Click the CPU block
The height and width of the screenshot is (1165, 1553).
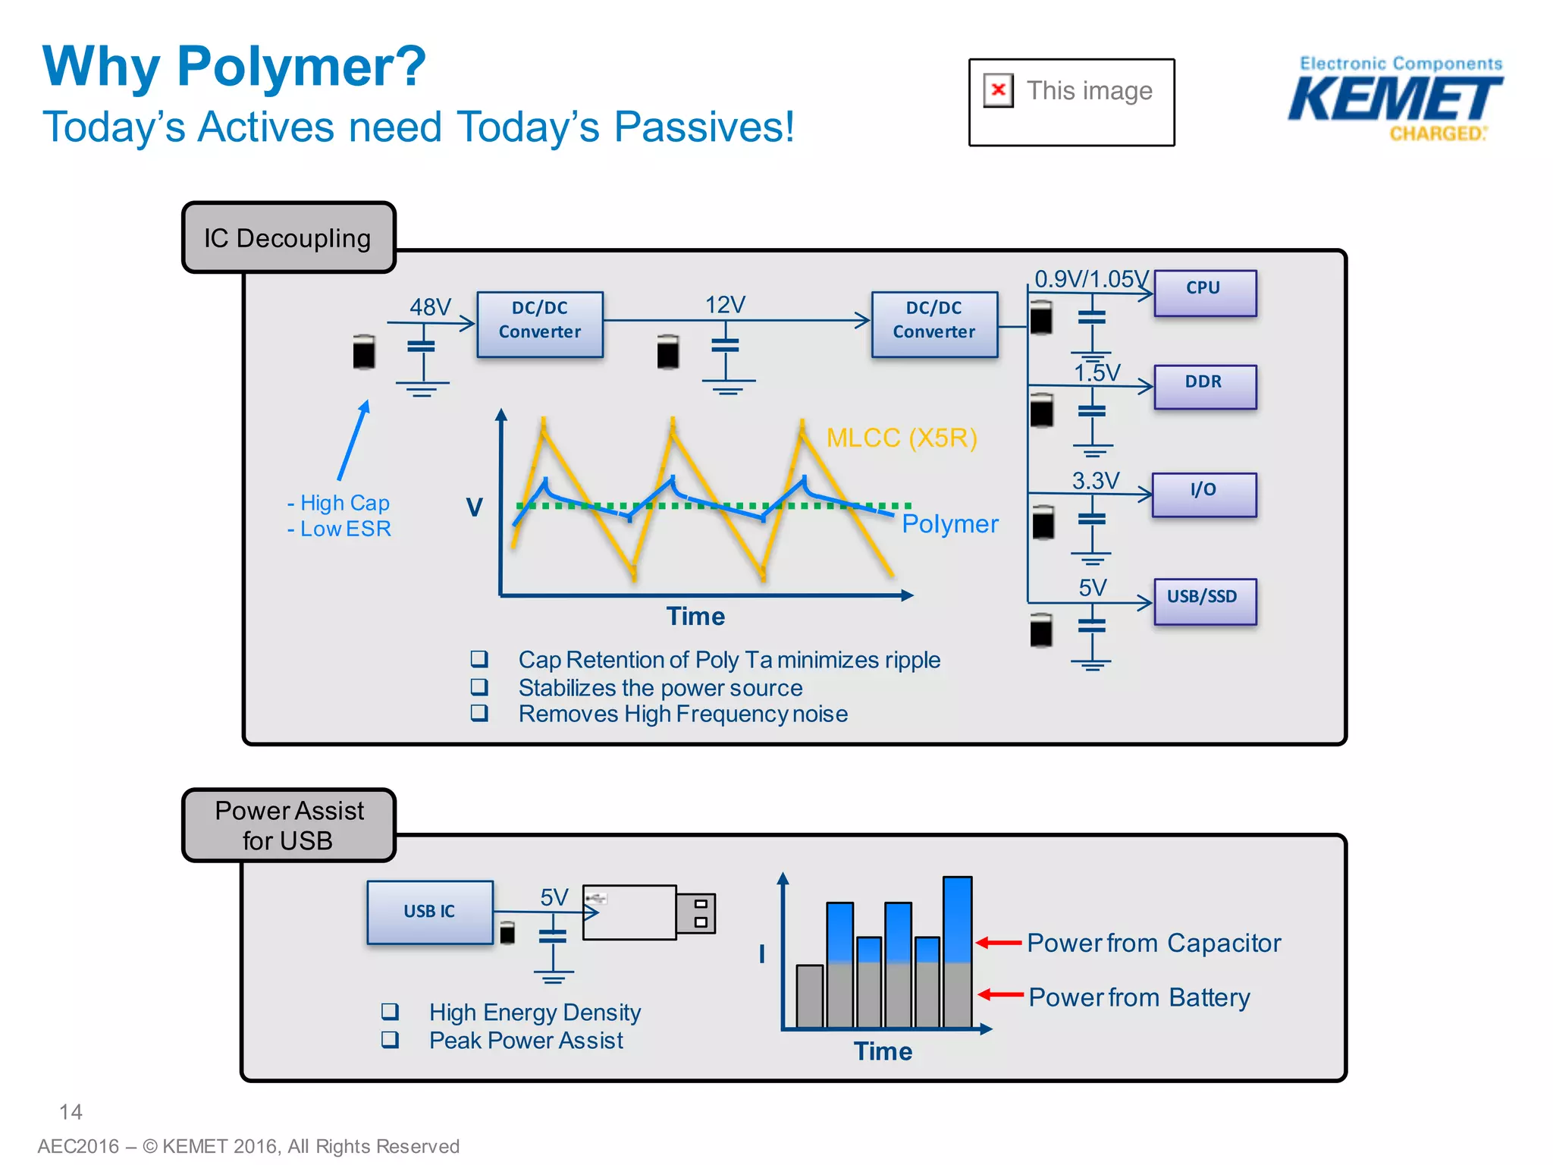[x=1204, y=293]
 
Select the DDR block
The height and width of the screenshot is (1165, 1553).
[x=1204, y=386]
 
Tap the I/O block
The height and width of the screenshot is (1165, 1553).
[x=1203, y=495]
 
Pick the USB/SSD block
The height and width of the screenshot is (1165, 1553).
[x=1204, y=601]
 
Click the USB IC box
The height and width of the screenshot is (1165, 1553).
[x=430, y=912]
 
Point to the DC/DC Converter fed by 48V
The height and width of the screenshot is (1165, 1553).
[x=540, y=324]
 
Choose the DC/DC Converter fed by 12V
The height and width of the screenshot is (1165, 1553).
[x=934, y=324]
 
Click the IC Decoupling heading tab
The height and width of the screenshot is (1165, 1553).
[x=288, y=237]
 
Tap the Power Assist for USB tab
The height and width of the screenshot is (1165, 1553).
[x=288, y=825]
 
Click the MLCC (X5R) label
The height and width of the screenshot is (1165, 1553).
[x=901, y=438]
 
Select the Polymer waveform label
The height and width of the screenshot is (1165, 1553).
[x=949, y=524]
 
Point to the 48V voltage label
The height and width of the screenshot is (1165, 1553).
[x=430, y=306]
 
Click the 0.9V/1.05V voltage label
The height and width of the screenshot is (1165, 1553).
[x=1090, y=278]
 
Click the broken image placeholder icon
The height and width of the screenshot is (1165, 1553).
[x=998, y=90]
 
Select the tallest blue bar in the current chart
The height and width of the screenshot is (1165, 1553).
[x=957, y=919]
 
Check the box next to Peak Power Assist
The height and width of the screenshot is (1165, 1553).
[x=390, y=1039]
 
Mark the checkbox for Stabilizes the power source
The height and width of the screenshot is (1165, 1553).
[x=478, y=686]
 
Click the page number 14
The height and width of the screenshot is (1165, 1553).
[x=71, y=1112]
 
